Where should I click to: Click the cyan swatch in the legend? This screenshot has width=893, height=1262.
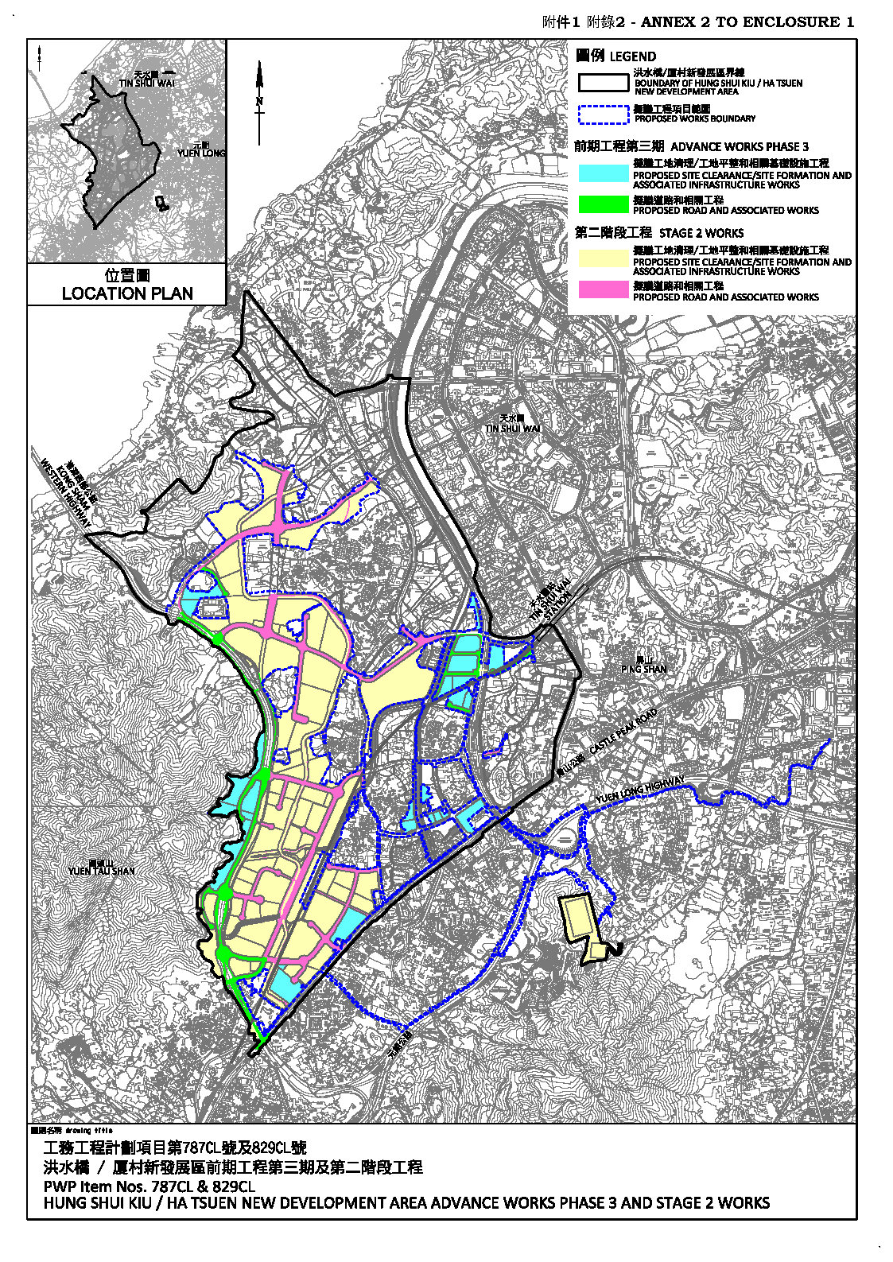(604, 173)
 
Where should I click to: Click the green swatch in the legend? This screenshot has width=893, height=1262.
(604, 204)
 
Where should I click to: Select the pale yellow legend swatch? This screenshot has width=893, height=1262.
(604, 259)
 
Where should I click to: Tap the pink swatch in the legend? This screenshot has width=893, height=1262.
(604, 290)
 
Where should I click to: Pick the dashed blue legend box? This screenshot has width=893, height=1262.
(604, 115)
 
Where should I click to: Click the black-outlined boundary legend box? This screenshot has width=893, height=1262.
(604, 83)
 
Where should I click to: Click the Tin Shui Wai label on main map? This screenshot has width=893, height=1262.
(513, 424)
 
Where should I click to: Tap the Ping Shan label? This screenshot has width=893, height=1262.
(643, 665)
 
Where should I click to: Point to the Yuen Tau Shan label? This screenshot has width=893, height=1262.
(102, 867)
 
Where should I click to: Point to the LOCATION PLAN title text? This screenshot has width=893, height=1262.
(127, 293)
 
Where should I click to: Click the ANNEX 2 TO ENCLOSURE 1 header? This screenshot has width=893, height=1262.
(747, 22)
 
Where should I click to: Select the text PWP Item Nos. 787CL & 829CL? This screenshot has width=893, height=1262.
(149, 1186)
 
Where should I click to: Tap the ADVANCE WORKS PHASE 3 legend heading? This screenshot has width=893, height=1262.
(740, 146)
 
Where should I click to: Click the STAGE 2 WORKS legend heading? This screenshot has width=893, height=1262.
(701, 233)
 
